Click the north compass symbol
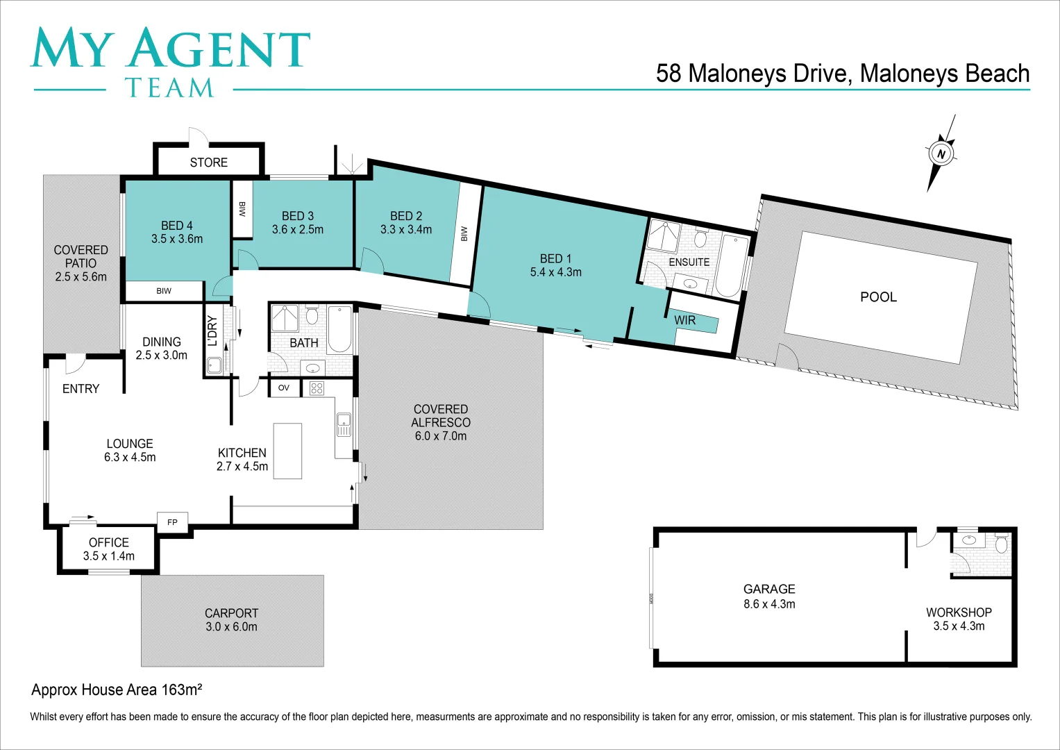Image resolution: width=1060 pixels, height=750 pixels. click(941, 153)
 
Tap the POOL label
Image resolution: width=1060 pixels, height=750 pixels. click(878, 297)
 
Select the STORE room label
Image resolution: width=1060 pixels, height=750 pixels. click(208, 162)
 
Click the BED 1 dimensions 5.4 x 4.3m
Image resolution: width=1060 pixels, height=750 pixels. click(555, 272)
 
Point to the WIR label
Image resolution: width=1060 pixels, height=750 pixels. click(684, 320)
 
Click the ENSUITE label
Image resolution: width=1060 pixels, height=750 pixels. click(689, 262)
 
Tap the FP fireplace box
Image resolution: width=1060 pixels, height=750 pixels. click(172, 522)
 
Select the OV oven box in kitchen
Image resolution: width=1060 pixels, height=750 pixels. click(284, 387)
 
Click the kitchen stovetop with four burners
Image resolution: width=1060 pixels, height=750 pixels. click(317, 388)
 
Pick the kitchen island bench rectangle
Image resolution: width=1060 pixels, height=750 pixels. click(287, 451)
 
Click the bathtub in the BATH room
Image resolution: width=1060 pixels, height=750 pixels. click(339, 329)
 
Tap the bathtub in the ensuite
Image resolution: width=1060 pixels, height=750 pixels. click(732, 266)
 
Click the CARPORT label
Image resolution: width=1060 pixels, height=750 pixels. click(231, 613)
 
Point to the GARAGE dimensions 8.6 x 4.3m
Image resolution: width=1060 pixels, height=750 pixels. click(769, 604)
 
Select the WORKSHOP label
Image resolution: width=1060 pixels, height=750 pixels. click(959, 612)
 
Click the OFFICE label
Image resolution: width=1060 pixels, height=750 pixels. click(109, 542)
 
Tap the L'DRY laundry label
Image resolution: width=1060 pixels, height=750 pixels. click(213, 331)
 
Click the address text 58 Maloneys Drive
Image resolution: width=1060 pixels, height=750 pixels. click(753, 74)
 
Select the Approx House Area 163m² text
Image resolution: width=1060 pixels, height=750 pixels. click(117, 690)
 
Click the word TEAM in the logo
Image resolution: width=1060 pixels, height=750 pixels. click(169, 88)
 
